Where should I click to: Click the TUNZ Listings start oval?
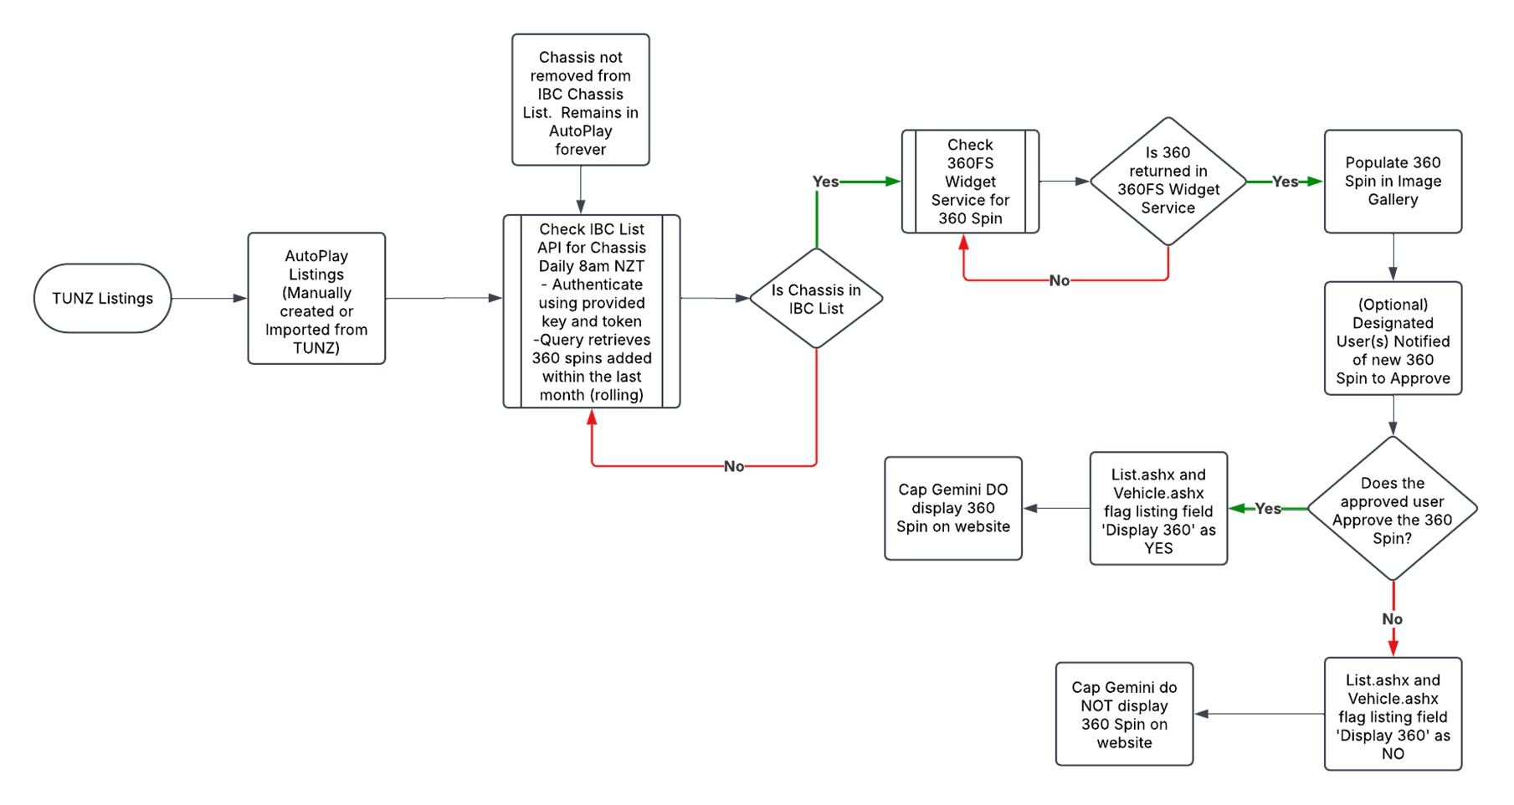point(102,298)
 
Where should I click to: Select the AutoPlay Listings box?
point(316,299)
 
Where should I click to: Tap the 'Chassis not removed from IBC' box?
point(581,100)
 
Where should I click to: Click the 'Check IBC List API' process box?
point(592,311)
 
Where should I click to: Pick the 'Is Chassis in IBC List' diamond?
point(816,299)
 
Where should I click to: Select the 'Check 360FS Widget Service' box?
point(971,182)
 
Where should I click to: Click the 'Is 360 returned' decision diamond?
point(1168,182)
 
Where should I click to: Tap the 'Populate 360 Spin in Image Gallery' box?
point(1393,182)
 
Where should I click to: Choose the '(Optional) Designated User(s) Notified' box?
point(1393,338)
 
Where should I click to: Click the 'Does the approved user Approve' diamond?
point(1393,509)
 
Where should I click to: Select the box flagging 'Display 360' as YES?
point(1159,509)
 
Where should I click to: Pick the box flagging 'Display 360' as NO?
point(1393,714)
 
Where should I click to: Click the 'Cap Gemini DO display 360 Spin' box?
point(953,509)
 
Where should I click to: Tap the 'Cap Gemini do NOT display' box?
point(1125,714)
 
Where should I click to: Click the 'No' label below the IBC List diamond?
point(734,466)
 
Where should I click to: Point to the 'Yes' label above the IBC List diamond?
point(825,182)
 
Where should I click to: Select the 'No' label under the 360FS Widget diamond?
point(1060,280)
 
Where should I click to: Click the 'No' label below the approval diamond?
point(1393,619)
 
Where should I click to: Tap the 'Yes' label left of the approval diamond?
point(1268,509)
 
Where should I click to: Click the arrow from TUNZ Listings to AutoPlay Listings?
point(209,298)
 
